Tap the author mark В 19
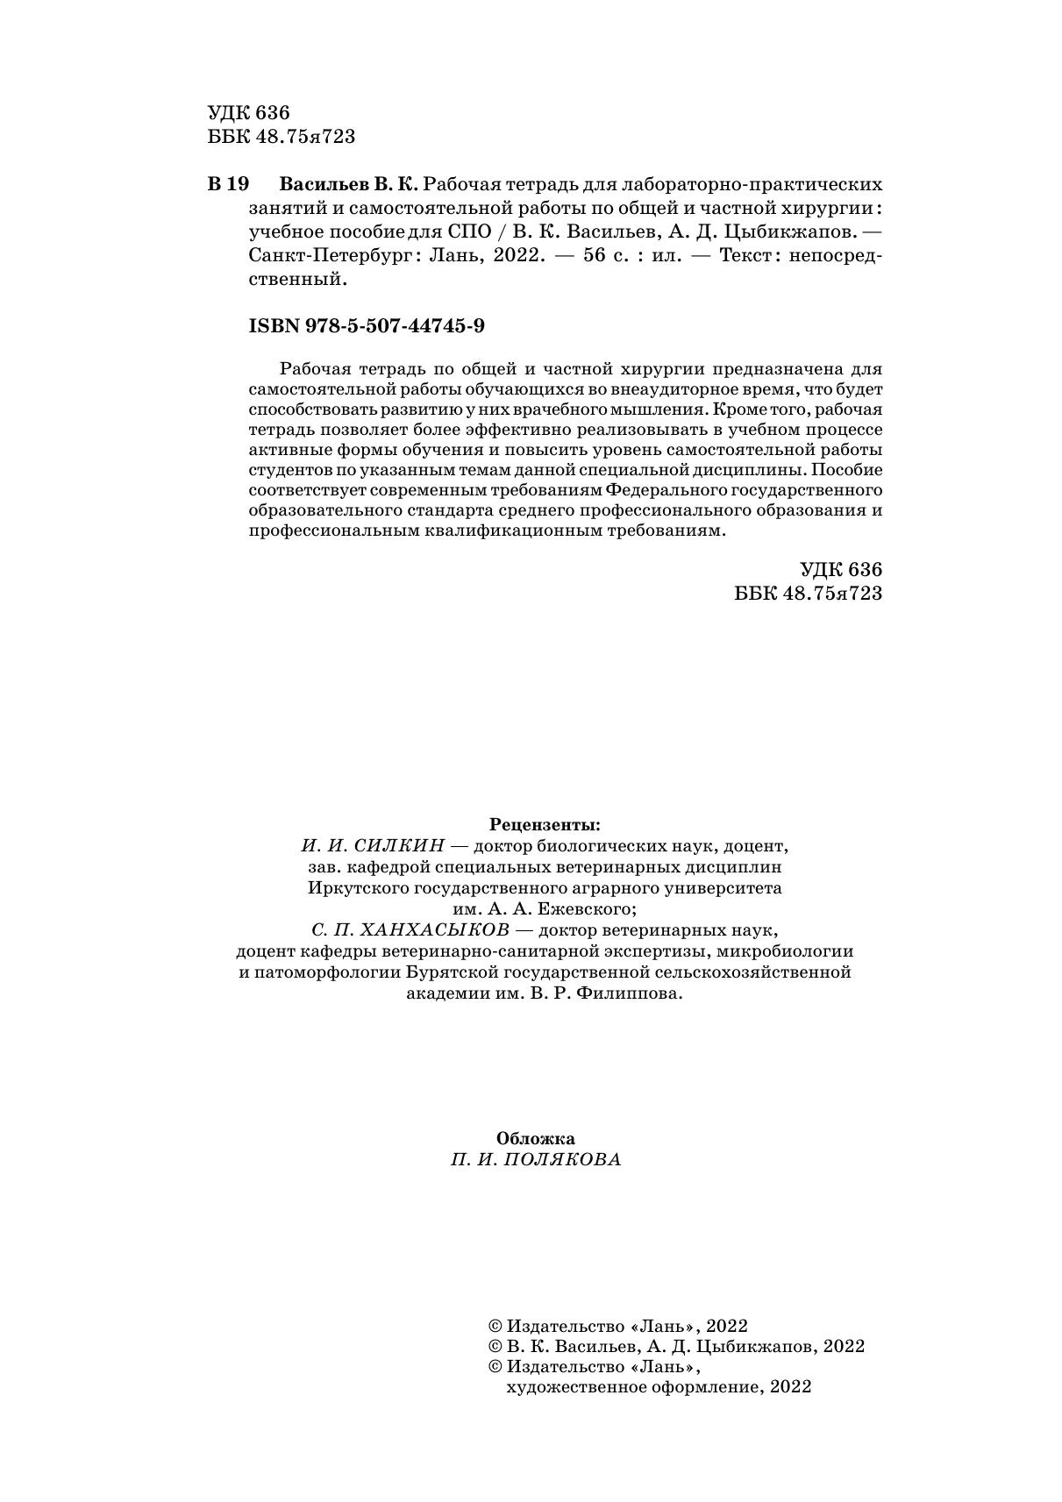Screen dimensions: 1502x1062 point(229,185)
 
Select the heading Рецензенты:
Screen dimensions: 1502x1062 point(545,825)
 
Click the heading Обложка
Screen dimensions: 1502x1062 point(536,1139)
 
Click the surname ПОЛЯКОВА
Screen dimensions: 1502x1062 point(564,1160)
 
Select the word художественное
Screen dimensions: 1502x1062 point(577,1387)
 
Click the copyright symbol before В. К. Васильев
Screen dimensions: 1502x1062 point(495,1347)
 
